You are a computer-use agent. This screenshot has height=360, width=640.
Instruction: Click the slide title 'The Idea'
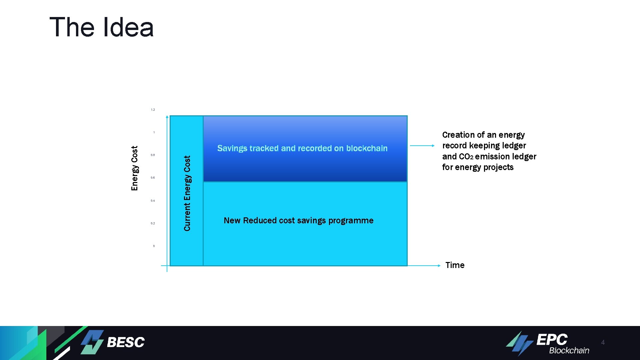(x=101, y=27)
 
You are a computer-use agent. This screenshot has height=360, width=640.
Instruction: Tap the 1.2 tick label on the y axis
(x=153, y=110)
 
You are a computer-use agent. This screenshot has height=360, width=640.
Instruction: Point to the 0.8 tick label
(x=153, y=155)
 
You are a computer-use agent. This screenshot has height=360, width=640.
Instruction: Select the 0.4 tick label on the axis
(x=153, y=201)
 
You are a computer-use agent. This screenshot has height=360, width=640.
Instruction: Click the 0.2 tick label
(x=153, y=223)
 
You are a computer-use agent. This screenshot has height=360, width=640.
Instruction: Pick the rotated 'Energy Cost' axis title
(x=135, y=168)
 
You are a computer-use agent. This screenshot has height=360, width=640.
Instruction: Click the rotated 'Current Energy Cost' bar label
(x=187, y=193)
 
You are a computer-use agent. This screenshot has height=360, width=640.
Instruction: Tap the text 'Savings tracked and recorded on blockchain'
(x=302, y=148)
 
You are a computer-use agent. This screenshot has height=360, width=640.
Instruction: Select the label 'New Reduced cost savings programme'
(x=298, y=221)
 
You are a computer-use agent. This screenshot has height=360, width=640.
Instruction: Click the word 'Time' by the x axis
(x=455, y=265)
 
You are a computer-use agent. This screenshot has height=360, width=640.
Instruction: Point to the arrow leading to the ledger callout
(x=422, y=146)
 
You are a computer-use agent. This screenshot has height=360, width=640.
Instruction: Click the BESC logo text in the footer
(x=126, y=342)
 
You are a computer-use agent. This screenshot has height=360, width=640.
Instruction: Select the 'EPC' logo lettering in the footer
(x=552, y=340)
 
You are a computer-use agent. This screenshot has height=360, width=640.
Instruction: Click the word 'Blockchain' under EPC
(x=569, y=351)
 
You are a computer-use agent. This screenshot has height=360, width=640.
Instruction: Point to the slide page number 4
(x=603, y=342)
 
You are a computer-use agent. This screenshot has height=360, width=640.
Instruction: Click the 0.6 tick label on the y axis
(x=153, y=178)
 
